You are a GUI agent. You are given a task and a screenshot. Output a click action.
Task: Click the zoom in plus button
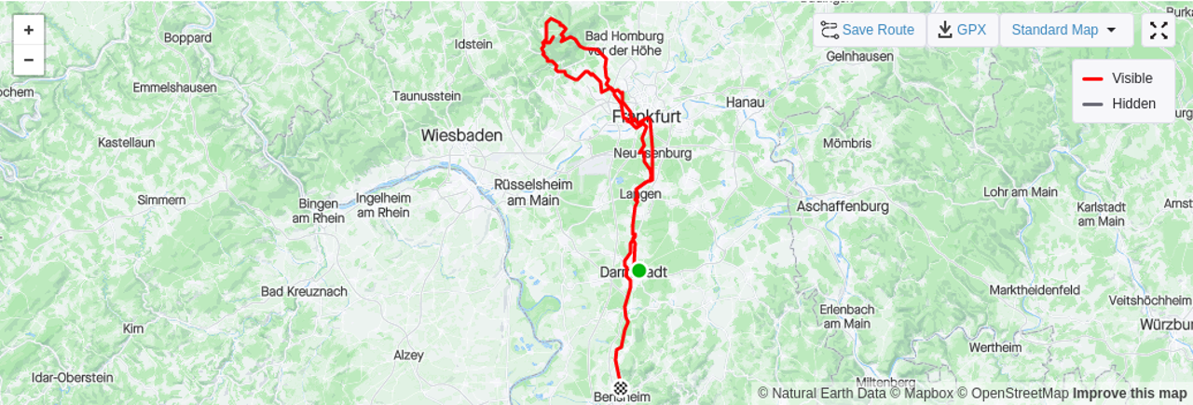click(29, 30)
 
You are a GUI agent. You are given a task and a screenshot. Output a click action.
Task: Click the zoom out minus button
click(29, 60)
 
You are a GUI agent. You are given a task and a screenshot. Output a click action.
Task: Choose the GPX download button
click(962, 30)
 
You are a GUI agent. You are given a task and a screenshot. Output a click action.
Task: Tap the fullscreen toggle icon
click(1159, 30)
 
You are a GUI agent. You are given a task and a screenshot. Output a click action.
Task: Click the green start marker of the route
click(638, 271)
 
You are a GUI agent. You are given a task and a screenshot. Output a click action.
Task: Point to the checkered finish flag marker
click(621, 385)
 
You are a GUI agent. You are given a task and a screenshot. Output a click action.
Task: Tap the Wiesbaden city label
click(461, 135)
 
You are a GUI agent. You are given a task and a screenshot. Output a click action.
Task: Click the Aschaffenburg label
click(843, 206)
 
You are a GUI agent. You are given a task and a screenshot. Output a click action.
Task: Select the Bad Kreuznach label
click(304, 291)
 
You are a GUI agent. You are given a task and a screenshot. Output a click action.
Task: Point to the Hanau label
click(745, 102)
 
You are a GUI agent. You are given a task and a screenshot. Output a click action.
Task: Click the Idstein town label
click(472, 44)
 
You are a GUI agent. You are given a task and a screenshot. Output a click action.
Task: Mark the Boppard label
click(187, 38)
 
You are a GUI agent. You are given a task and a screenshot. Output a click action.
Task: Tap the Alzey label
click(408, 356)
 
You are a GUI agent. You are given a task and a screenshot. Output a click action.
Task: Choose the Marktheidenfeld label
click(1035, 290)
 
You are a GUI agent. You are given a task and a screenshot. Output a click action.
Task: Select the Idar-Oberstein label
click(72, 378)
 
